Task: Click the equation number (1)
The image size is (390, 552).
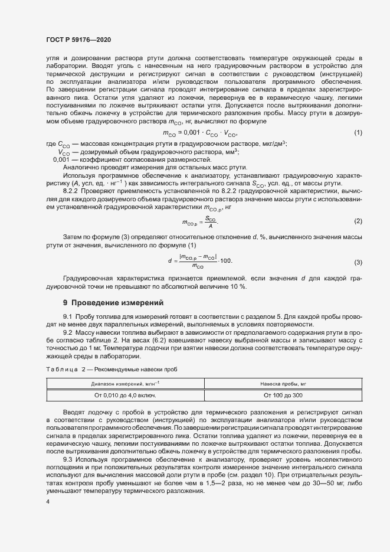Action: [358, 133]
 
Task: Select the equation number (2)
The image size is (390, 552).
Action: [358, 221]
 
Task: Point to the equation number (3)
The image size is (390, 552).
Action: [358, 262]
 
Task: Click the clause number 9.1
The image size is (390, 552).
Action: [67, 318]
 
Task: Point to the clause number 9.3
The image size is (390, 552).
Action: [67, 459]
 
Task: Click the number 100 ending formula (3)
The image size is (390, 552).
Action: [226, 261]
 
